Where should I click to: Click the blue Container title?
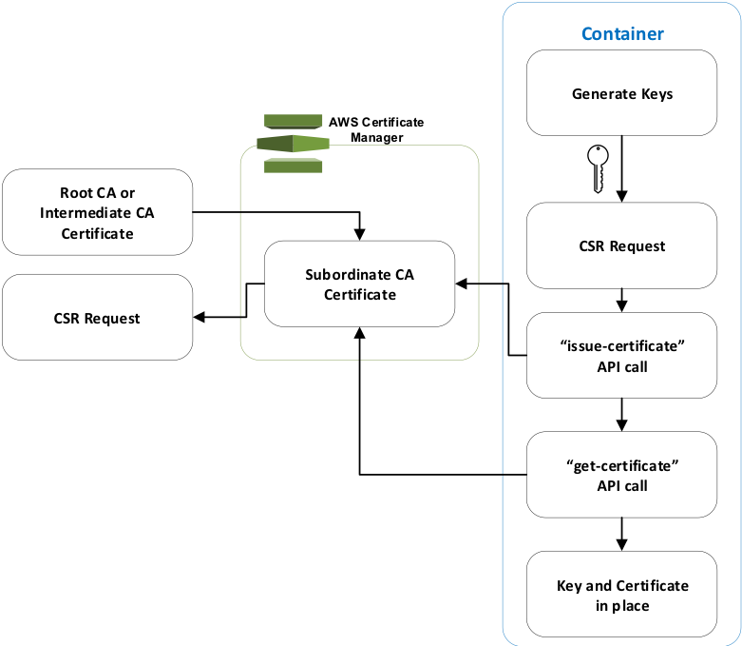pyautogui.click(x=622, y=34)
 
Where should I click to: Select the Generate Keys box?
pyautogui.click(x=622, y=93)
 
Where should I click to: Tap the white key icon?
pyautogui.click(x=597, y=167)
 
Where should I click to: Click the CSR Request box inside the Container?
pyautogui.click(x=622, y=245)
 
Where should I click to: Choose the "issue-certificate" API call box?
pyautogui.click(x=622, y=355)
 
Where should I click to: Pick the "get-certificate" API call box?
pyautogui.click(x=622, y=474)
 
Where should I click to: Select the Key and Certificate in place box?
pyautogui.click(x=622, y=595)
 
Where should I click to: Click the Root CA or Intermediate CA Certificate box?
pyautogui.click(x=97, y=212)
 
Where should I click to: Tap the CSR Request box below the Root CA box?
pyautogui.click(x=97, y=318)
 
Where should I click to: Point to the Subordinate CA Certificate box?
pyautogui.click(x=359, y=284)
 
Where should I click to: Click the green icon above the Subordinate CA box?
pyautogui.click(x=293, y=144)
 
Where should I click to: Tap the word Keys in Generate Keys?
pyautogui.click(x=656, y=94)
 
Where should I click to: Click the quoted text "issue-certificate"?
pyautogui.click(x=623, y=345)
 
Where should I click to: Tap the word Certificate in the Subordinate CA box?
pyautogui.click(x=359, y=295)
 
